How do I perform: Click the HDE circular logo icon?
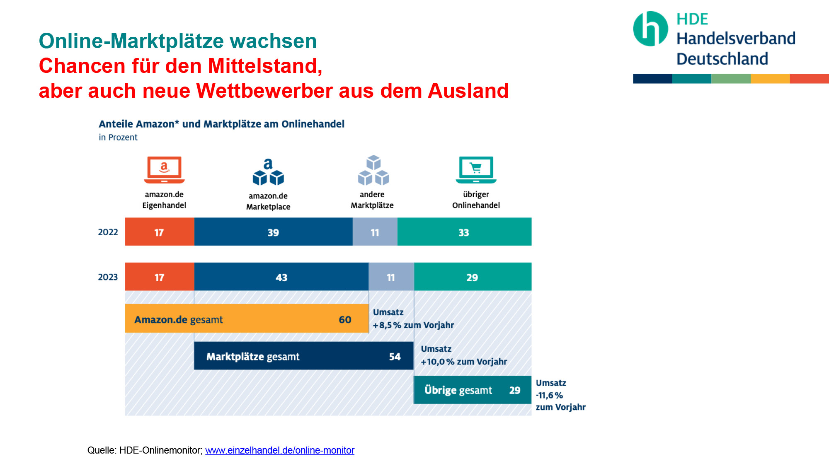650,29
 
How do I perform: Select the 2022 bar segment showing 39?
274,232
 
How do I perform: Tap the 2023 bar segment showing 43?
281,276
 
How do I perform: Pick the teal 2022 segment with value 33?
464,232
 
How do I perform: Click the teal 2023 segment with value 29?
473,276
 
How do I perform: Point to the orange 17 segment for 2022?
160,232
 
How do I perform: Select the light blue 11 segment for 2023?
391,276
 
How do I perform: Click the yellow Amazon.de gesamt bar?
247,319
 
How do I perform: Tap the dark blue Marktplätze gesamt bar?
304,356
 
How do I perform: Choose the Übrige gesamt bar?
473,390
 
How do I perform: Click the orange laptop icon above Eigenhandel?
165,170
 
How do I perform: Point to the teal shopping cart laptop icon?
476,170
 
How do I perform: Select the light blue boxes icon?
373,170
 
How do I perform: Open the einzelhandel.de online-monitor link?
280,450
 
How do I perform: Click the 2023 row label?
108,277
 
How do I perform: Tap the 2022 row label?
108,232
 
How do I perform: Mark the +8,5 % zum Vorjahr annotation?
413,325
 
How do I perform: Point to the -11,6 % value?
549,395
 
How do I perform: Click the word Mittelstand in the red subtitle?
265,66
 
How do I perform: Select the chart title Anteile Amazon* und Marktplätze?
222,124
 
